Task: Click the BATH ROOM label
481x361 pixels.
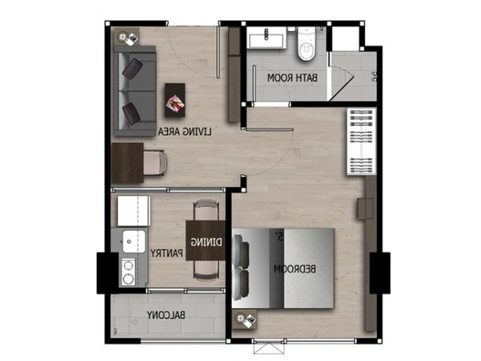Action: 292,78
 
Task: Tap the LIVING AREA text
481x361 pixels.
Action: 185,132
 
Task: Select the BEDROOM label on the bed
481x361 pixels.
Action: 295,269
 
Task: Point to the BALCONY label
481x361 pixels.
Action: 165,315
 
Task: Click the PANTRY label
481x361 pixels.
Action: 167,253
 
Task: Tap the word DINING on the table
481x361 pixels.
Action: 207,242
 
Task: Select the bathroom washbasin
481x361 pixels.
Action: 266,38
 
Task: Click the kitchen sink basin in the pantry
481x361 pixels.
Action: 134,241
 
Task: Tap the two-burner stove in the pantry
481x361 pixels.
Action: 129,272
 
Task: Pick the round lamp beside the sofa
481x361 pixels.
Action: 123,38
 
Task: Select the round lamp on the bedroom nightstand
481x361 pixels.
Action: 240,318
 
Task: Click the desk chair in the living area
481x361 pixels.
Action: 156,162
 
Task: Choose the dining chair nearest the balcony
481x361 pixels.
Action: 206,271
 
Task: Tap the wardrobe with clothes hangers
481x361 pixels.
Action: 362,141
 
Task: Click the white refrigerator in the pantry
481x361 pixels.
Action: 134,211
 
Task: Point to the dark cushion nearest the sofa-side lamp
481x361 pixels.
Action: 132,68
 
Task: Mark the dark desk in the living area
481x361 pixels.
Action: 127,162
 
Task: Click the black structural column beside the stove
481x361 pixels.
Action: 107,273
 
